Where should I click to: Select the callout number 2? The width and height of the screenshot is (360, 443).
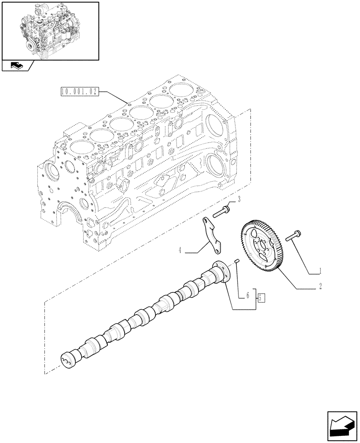click(x=320, y=287)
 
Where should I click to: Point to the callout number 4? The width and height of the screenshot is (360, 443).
click(x=180, y=250)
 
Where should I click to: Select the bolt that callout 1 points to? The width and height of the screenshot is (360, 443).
click(x=293, y=237)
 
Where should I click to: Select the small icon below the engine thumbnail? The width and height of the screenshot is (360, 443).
click(x=17, y=66)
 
